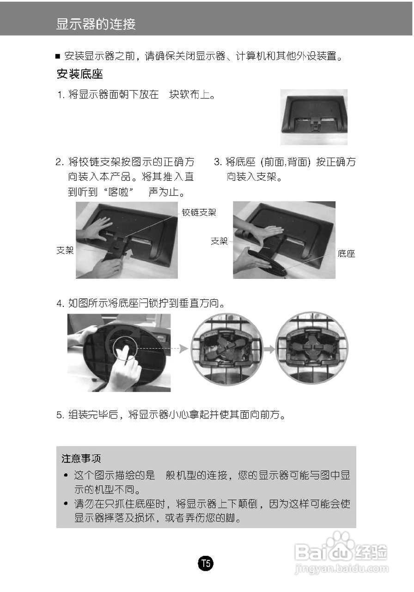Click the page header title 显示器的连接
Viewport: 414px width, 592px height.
(96, 24)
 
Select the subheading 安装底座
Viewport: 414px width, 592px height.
(79, 74)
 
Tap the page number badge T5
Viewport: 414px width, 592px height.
(206, 563)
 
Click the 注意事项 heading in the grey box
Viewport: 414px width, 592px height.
(81, 458)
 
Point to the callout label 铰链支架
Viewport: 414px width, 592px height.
(199, 212)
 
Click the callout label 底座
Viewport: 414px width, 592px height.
(346, 253)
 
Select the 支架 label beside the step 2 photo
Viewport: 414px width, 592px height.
(65, 250)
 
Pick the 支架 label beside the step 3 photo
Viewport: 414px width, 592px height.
(219, 241)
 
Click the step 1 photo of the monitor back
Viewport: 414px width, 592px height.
(314, 117)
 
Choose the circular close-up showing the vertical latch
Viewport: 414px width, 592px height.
(311, 348)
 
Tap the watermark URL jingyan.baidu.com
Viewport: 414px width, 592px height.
(341, 568)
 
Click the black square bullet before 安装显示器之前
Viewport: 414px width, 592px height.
(58, 57)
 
